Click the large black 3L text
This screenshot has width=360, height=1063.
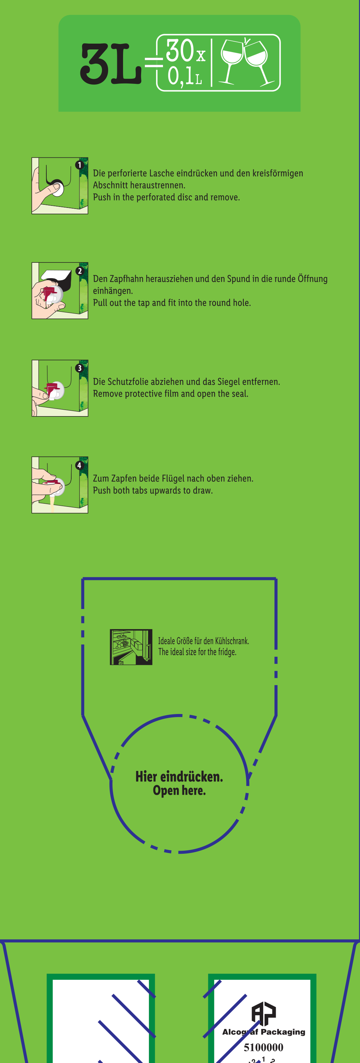pyautogui.click(x=111, y=64)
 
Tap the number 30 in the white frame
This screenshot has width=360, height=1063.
pyautogui.click(x=180, y=50)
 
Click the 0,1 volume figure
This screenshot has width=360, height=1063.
pyautogui.click(x=180, y=76)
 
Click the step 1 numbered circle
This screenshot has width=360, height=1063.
pyautogui.click(x=79, y=165)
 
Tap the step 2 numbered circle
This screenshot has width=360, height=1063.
pyautogui.click(x=80, y=271)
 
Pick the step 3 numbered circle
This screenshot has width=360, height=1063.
pyautogui.click(x=80, y=368)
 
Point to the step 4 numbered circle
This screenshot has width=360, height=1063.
pyautogui.click(x=79, y=466)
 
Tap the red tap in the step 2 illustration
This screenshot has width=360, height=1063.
pyautogui.click(x=49, y=294)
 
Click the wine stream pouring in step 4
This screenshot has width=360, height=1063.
pyautogui.click(x=52, y=503)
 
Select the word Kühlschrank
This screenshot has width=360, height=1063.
pyautogui.click(x=232, y=641)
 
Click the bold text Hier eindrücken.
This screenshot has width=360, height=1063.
pyautogui.click(x=179, y=777)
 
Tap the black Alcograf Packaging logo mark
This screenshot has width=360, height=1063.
pyautogui.click(x=264, y=1013)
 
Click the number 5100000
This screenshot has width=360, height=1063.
pyautogui.click(x=264, y=1047)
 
